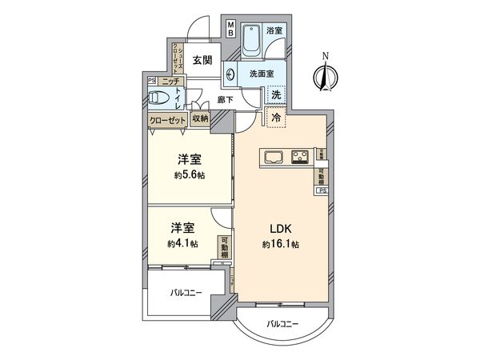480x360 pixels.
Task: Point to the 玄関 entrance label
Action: pos(202,60)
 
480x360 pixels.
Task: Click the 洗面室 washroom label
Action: pos(261,74)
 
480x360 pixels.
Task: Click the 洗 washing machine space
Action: pos(275,95)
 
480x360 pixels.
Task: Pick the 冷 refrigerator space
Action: pos(276,118)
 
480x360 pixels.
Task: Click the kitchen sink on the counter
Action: pos(272,155)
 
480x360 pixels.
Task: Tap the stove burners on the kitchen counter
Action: pos(302,155)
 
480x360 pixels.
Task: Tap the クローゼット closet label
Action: pos(168,120)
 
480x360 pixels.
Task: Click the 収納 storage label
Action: pos(200,119)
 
